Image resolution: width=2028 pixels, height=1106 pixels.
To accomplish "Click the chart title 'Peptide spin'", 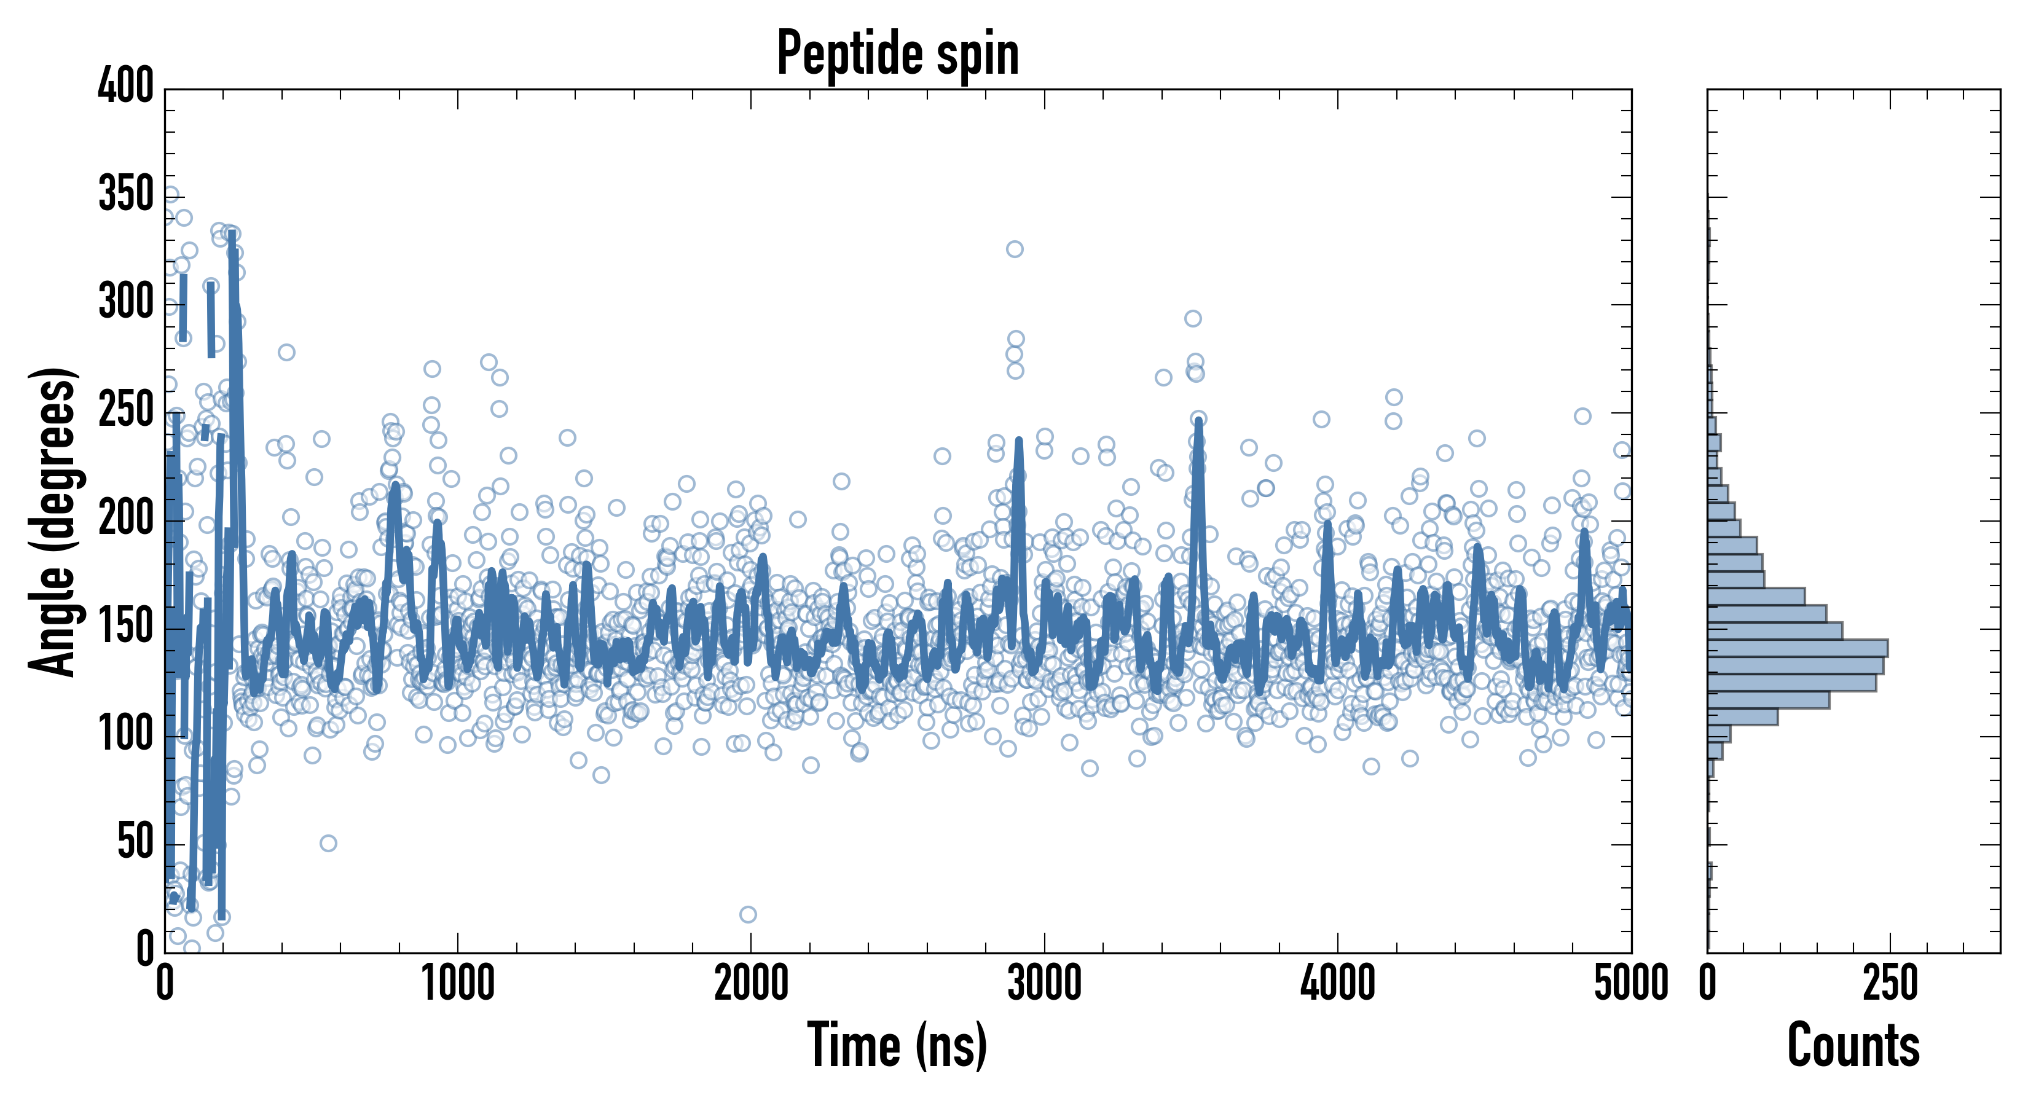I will tap(897, 53).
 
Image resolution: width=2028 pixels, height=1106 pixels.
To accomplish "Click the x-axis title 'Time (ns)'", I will tap(897, 1045).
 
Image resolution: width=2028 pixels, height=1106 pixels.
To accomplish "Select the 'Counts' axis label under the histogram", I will tap(1853, 1045).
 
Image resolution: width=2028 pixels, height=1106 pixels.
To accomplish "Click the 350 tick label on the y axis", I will tap(126, 194).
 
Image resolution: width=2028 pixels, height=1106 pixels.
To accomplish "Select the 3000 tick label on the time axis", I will tap(1045, 984).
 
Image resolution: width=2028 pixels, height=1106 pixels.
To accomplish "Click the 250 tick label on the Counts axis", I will tap(1890, 984).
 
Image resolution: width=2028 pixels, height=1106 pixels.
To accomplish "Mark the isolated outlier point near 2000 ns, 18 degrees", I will tap(748, 914).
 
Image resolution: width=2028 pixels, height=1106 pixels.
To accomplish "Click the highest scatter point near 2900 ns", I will tap(1015, 249).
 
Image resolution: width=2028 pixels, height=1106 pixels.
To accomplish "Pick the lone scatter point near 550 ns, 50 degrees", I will tap(328, 843).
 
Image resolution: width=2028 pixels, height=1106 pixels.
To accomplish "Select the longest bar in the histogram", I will tap(1798, 648).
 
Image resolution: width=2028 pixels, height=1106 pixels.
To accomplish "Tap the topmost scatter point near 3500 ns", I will tap(1193, 318).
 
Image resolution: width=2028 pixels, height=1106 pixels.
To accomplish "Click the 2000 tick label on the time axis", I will tap(751, 984).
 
